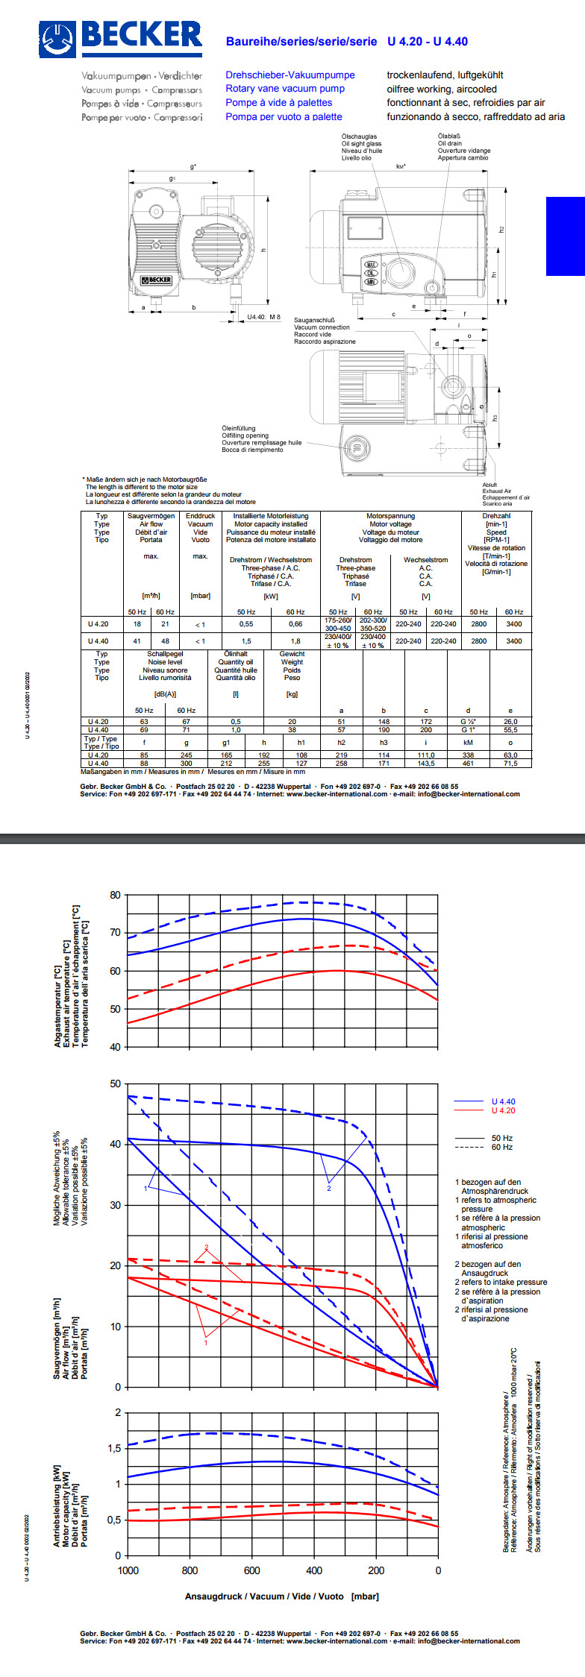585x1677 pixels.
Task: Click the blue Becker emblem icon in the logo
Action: click(58, 40)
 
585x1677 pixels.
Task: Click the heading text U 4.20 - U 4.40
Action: click(427, 42)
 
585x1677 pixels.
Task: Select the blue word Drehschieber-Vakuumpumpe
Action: click(290, 75)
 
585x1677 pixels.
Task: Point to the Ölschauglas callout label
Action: click(359, 136)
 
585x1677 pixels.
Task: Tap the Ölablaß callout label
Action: click(449, 136)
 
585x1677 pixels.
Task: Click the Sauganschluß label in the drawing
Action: click(314, 320)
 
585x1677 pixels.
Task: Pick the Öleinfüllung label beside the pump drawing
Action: click(238, 429)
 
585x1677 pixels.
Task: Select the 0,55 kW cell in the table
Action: click(246, 624)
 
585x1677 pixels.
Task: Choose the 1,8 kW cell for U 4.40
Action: click(295, 641)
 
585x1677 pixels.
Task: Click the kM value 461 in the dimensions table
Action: click(468, 763)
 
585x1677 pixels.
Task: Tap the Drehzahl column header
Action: click(496, 516)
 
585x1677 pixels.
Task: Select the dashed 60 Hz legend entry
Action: click(501, 1147)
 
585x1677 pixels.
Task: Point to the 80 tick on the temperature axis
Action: click(115, 895)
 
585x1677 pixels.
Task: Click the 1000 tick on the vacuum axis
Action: click(128, 1570)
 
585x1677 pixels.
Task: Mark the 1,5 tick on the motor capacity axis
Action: click(113, 1448)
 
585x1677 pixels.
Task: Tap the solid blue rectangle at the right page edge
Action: click(566, 236)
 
